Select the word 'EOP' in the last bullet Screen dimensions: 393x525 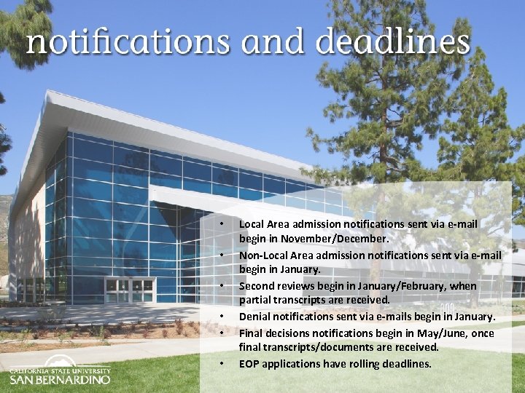tap(249, 363)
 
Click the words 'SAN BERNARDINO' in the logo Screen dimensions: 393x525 tap(60, 379)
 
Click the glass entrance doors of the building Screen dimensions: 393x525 tap(130, 290)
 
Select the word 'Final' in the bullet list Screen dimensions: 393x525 tap(251, 333)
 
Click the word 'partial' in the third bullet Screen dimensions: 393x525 tap(255, 299)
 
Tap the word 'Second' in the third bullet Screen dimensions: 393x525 tap(257, 285)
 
